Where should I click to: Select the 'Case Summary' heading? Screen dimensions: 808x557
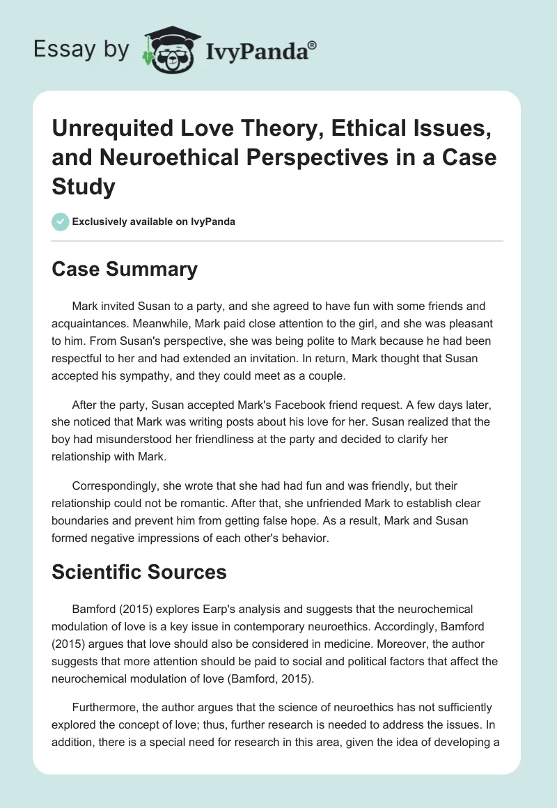pyautogui.click(x=125, y=270)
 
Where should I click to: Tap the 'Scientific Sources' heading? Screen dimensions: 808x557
pyautogui.click(x=139, y=572)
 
